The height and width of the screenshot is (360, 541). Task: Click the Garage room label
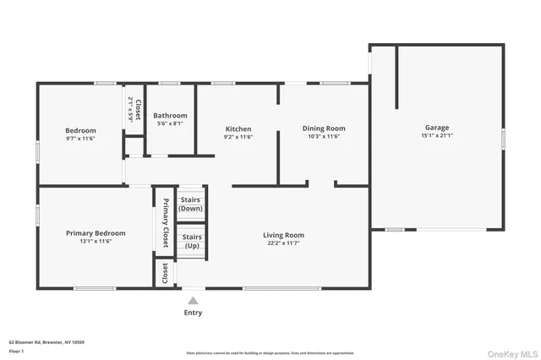point(437,128)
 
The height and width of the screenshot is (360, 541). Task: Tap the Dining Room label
point(324,128)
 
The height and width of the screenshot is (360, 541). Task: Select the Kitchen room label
point(238,128)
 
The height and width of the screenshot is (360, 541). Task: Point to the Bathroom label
point(170,116)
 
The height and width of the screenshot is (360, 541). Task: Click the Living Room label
point(283,235)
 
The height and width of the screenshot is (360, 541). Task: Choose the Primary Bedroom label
point(96,233)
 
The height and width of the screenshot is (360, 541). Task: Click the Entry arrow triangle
point(194,300)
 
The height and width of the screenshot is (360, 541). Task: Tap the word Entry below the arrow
point(194,313)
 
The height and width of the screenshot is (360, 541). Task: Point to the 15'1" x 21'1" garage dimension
point(437,136)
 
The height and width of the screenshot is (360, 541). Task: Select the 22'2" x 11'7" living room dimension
point(283,243)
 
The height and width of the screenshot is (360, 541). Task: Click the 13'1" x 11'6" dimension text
point(96,242)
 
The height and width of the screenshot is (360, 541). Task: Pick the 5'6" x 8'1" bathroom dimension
point(170,124)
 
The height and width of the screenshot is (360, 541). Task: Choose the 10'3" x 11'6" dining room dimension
point(324,137)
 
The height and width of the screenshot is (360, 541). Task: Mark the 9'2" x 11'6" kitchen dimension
point(238,137)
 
